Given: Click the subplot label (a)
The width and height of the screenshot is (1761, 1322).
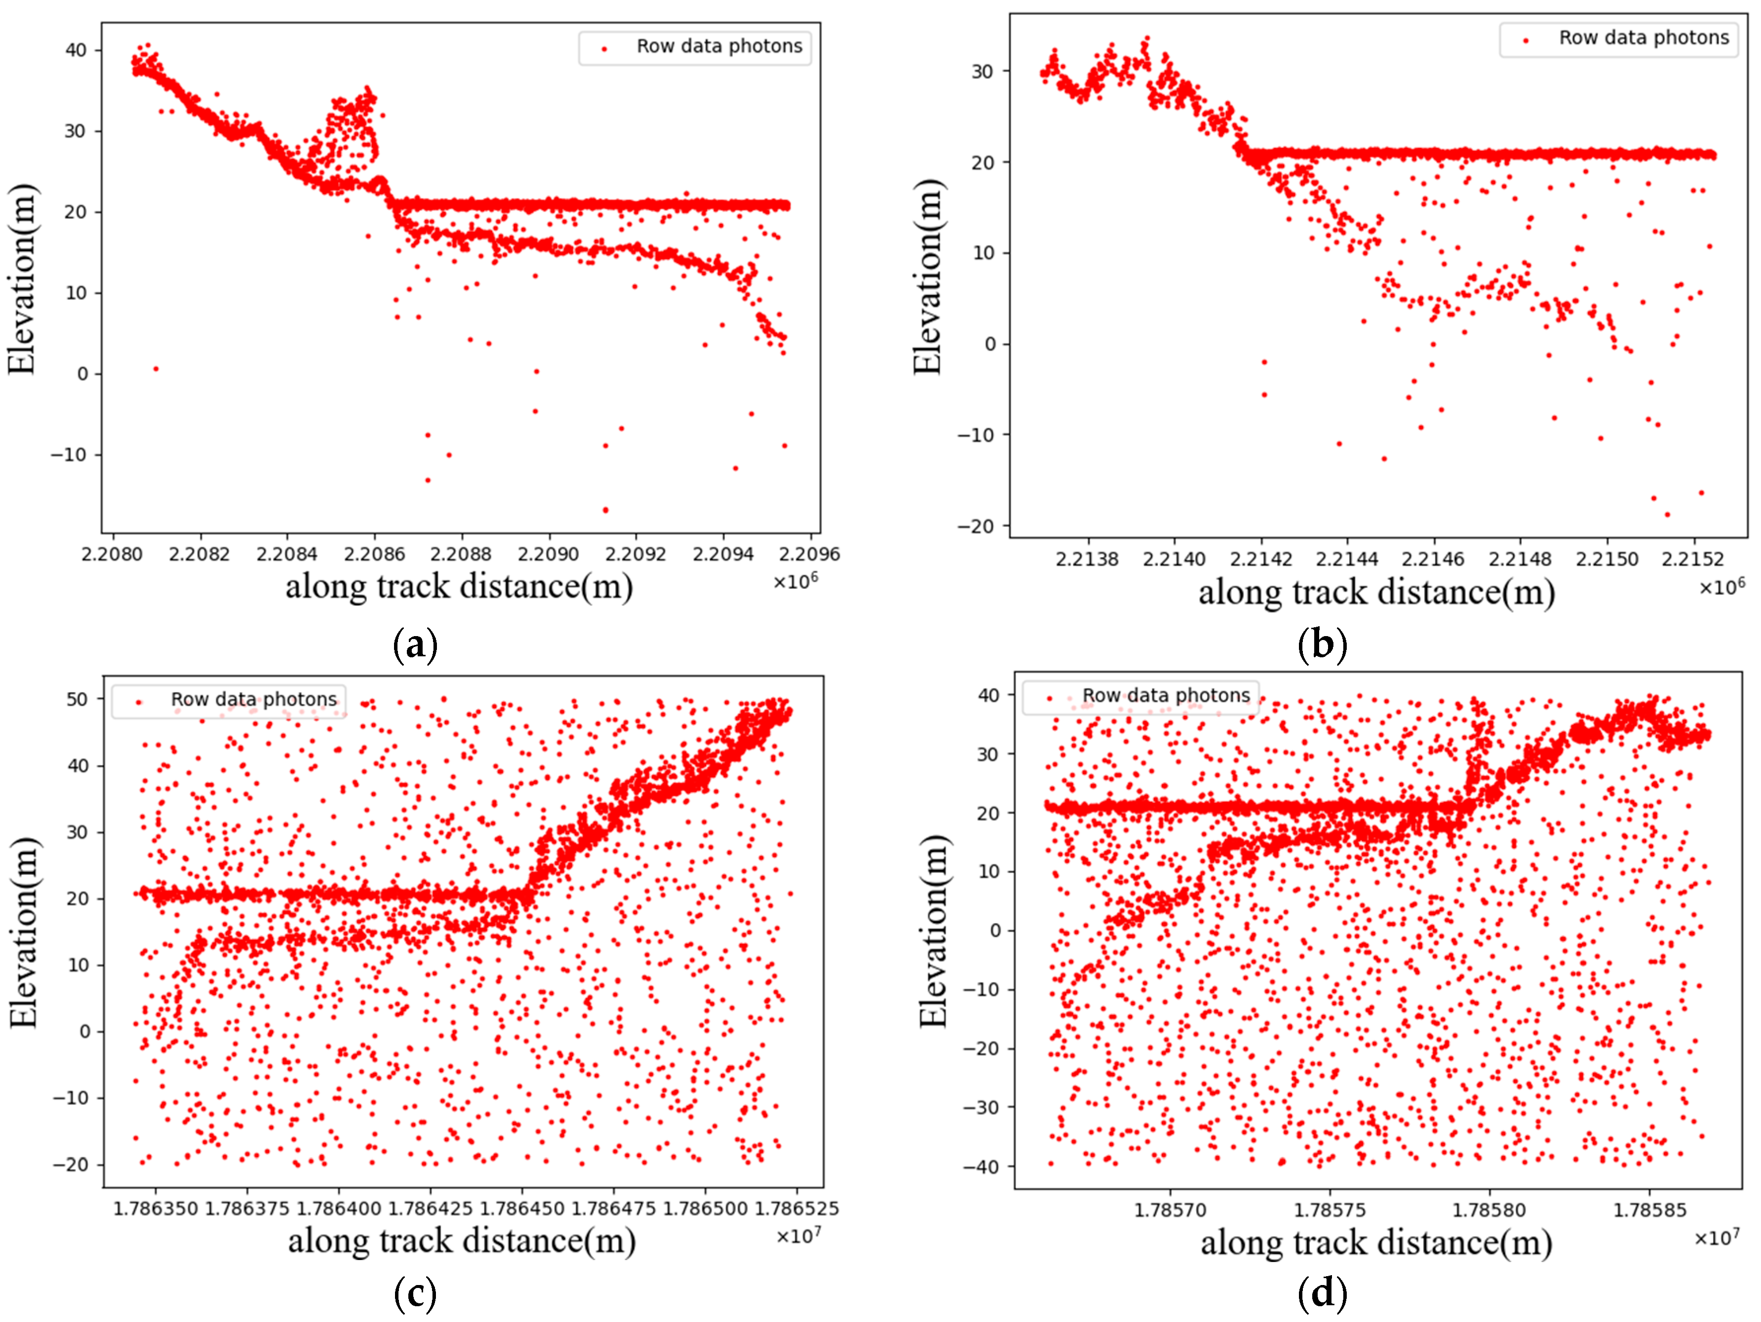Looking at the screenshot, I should (x=415, y=644).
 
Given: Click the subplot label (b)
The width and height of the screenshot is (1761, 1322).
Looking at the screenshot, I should (x=1322, y=644).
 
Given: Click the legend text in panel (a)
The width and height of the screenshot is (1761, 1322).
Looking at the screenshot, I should (x=719, y=46).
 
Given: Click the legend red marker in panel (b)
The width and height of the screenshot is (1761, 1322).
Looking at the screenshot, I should (x=1525, y=40).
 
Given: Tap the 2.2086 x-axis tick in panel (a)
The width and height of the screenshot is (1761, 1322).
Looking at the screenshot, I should (x=374, y=554).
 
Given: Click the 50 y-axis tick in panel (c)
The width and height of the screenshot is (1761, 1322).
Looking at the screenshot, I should (x=77, y=699).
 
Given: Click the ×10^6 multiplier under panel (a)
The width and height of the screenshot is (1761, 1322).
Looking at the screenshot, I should (x=795, y=581).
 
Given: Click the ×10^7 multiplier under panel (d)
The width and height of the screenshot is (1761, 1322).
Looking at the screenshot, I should (x=1717, y=1238).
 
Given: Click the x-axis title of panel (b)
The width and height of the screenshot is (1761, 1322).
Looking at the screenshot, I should (x=1376, y=593).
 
